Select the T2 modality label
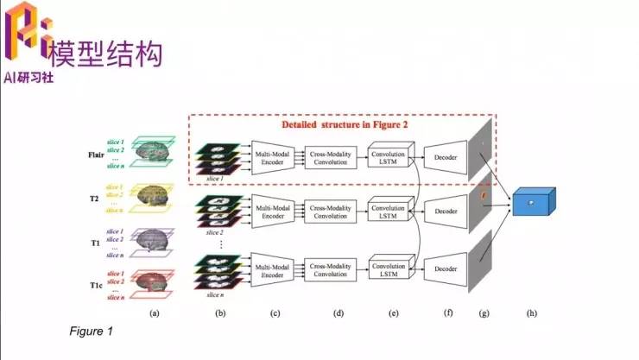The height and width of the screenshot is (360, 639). coord(92,199)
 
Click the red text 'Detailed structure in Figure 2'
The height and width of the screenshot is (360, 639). coord(345,124)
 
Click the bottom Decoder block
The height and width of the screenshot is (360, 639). coord(446,269)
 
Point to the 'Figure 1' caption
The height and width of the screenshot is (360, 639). coord(90,331)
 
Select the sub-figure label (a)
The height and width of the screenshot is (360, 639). coord(155,313)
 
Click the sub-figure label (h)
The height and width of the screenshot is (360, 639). coord(530,313)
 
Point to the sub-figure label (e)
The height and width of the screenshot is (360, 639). coord(395,313)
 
